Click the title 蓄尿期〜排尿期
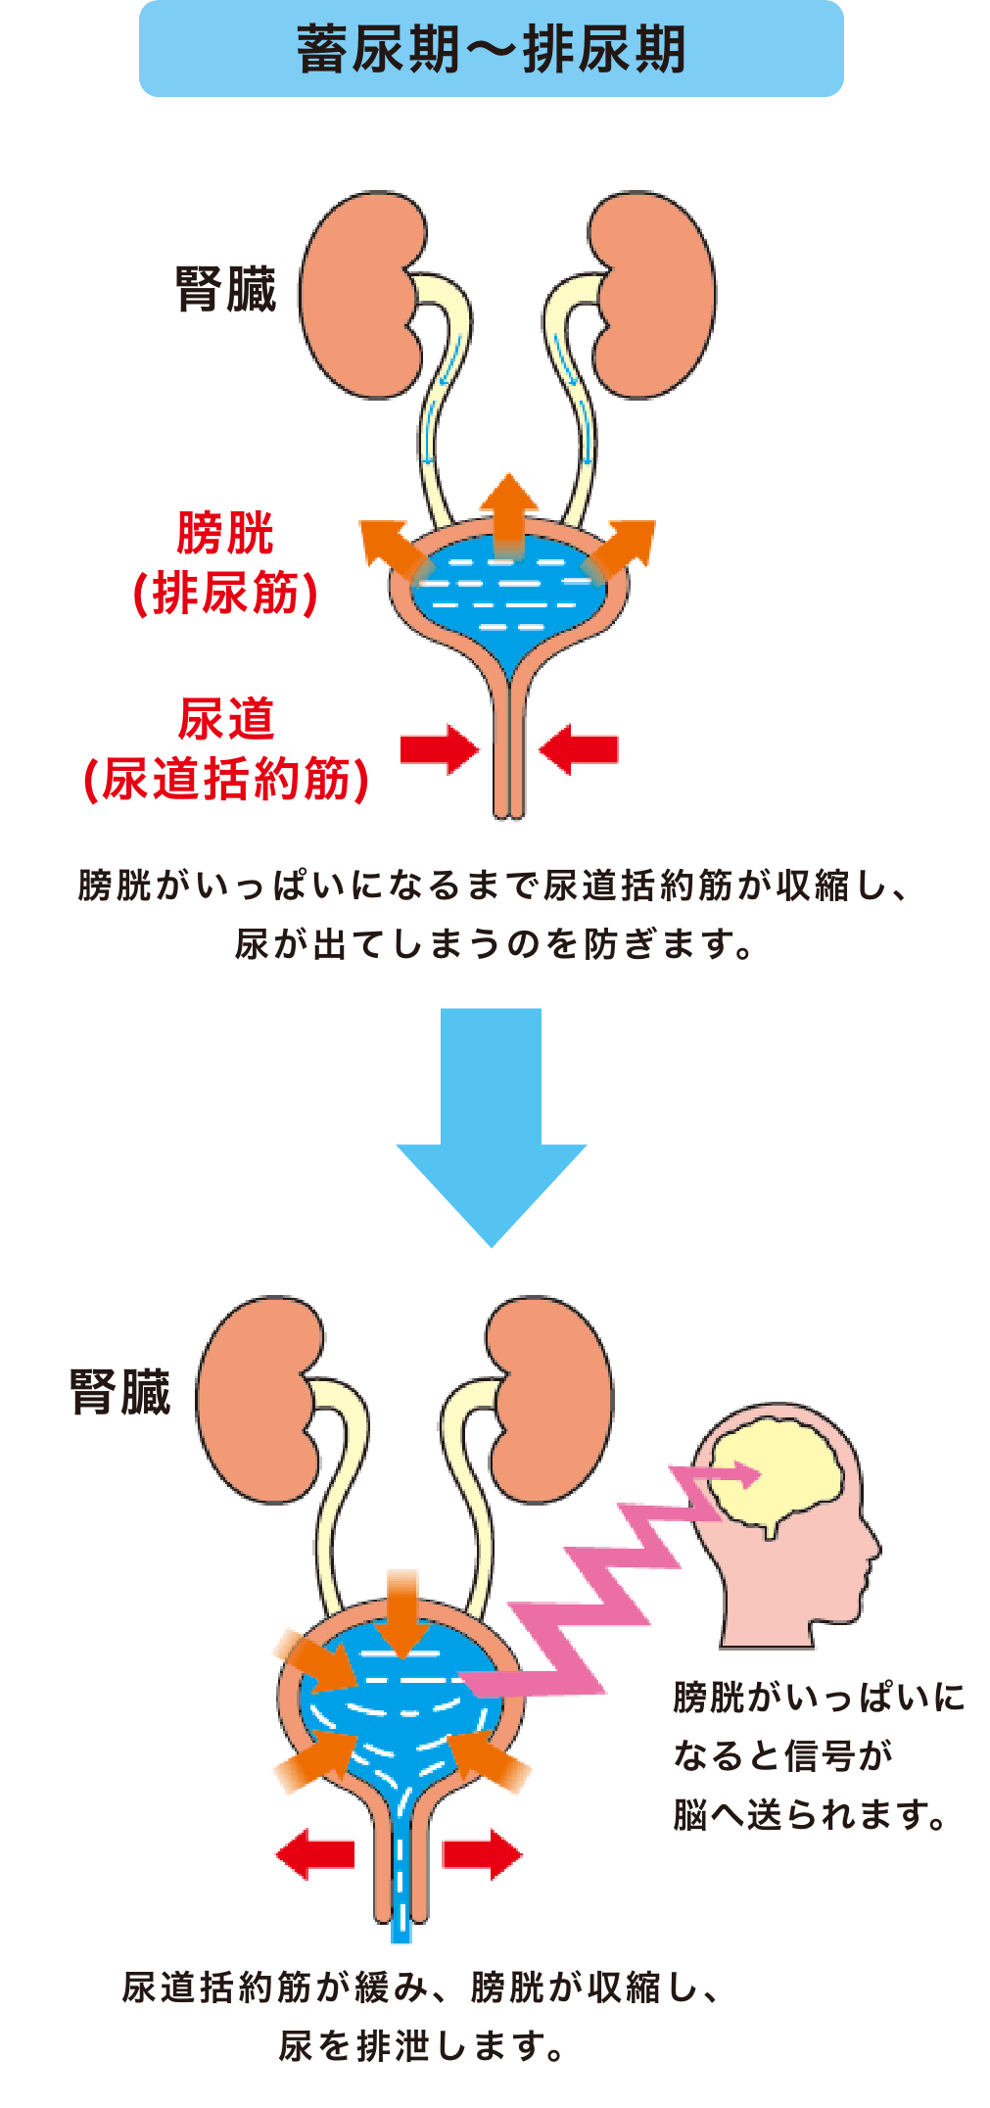coord(491,49)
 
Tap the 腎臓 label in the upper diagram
coord(226,291)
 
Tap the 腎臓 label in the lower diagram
coord(119,1394)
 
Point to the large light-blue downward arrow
coord(492,1126)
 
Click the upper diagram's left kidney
coord(357,294)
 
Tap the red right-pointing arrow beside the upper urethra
coord(440,749)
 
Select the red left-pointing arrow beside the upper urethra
coord(579,749)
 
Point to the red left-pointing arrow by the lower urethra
coord(314,1854)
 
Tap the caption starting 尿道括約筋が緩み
coord(421,2019)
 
